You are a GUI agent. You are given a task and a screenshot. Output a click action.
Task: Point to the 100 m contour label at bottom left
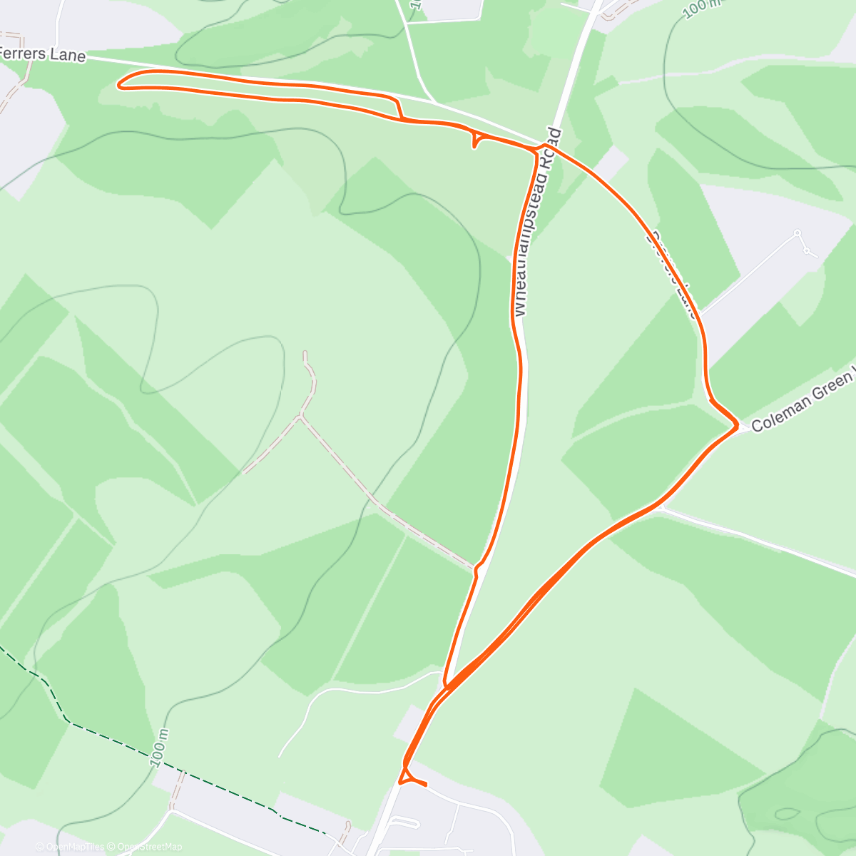pos(161,748)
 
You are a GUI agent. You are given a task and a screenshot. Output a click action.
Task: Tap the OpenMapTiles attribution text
pos(69,847)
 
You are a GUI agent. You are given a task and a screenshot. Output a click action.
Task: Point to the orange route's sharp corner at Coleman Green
pos(735,427)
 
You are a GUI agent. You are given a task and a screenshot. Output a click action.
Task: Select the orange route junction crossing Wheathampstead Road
pos(541,148)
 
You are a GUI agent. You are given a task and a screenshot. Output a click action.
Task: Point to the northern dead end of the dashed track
pos(305,352)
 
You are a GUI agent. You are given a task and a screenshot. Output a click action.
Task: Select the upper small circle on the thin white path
pos(797,233)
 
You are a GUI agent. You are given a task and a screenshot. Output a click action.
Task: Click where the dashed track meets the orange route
pos(477,569)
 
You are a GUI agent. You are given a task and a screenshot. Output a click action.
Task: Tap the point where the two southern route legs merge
pos(446,686)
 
